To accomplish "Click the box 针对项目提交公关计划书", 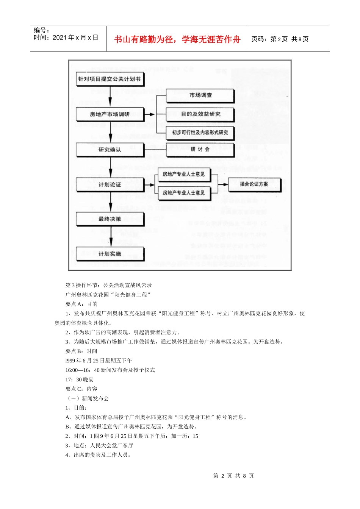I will [x=110, y=79].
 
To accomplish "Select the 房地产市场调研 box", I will [x=110, y=114].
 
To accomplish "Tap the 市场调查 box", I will [x=200, y=95].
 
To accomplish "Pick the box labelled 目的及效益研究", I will [x=200, y=114].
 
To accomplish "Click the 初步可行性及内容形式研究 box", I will [x=200, y=133].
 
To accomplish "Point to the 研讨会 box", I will [x=200, y=149].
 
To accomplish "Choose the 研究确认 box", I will [x=110, y=150].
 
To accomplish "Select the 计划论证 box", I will [x=110, y=184].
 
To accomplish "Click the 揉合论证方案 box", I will [x=254, y=184].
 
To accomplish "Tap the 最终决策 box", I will [x=110, y=219].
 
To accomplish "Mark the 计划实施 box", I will [x=110, y=254].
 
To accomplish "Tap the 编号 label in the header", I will [x=42, y=30].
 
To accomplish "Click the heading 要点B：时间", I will [x=81, y=351].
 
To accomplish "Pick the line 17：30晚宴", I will [x=79, y=379].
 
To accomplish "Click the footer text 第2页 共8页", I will [x=233, y=476].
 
